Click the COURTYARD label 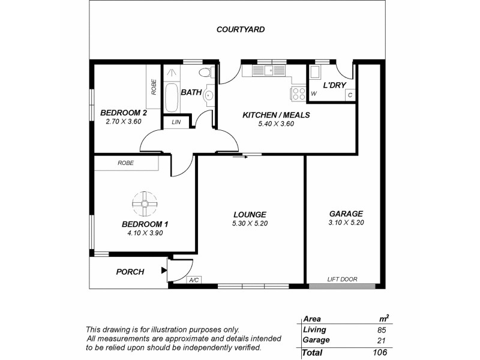(x=241, y=29)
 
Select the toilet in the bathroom (x=205, y=74)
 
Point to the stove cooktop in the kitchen (x=298, y=94)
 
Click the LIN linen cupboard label (x=176, y=122)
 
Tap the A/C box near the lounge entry (x=194, y=280)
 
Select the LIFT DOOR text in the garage (x=342, y=280)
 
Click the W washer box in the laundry (x=314, y=94)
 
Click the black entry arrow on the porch (x=164, y=271)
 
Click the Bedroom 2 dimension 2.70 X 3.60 (x=123, y=121)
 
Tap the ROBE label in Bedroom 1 (x=125, y=163)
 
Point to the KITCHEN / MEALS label (x=275, y=115)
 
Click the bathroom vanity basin (x=210, y=95)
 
